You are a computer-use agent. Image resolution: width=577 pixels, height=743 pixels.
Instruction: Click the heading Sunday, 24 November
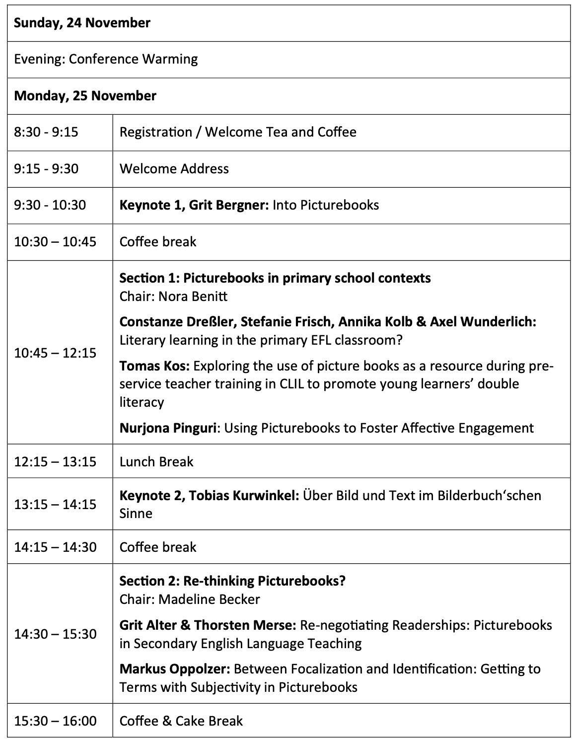pyautogui.click(x=82, y=23)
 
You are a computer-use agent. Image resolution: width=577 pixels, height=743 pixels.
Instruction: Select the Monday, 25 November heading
pyautogui.click(x=85, y=96)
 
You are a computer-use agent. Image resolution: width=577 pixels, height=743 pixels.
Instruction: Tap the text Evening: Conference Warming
pyautogui.click(x=106, y=59)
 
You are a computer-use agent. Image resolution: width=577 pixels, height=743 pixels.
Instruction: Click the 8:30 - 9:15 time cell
pyautogui.click(x=46, y=132)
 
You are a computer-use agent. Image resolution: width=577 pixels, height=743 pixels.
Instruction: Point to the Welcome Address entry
pyautogui.click(x=174, y=169)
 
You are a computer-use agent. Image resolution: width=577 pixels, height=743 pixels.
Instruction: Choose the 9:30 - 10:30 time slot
pyautogui.click(x=50, y=205)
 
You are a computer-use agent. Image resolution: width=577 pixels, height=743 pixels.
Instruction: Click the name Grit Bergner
pyautogui.click(x=228, y=205)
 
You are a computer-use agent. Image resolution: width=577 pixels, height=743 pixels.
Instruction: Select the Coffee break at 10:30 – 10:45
pyautogui.click(x=158, y=242)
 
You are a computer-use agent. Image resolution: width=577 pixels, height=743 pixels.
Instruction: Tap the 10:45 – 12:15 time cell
pyautogui.click(x=55, y=353)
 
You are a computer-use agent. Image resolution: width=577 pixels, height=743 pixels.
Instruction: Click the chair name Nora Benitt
pyautogui.click(x=193, y=297)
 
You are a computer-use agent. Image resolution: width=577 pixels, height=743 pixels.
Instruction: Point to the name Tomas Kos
pyautogui.click(x=154, y=366)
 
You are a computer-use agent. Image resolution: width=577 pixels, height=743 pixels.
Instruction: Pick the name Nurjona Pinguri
pyautogui.click(x=167, y=428)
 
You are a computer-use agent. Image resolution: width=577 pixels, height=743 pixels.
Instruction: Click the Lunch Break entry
pyautogui.click(x=156, y=462)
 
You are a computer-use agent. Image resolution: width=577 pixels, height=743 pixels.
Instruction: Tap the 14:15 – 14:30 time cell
pyautogui.click(x=55, y=547)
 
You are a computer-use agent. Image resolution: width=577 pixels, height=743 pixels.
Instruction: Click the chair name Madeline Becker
pyautogui.click(x=209, y=599)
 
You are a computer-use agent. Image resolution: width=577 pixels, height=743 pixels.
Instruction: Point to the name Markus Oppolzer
pyautogui.click(x=174, y=669)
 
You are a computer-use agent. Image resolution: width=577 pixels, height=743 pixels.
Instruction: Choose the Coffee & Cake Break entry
pyautogui.click(x=181, y=721)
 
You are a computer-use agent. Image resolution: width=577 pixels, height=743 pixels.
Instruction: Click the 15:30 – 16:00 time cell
pyautogui.click(x=55, y=721)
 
